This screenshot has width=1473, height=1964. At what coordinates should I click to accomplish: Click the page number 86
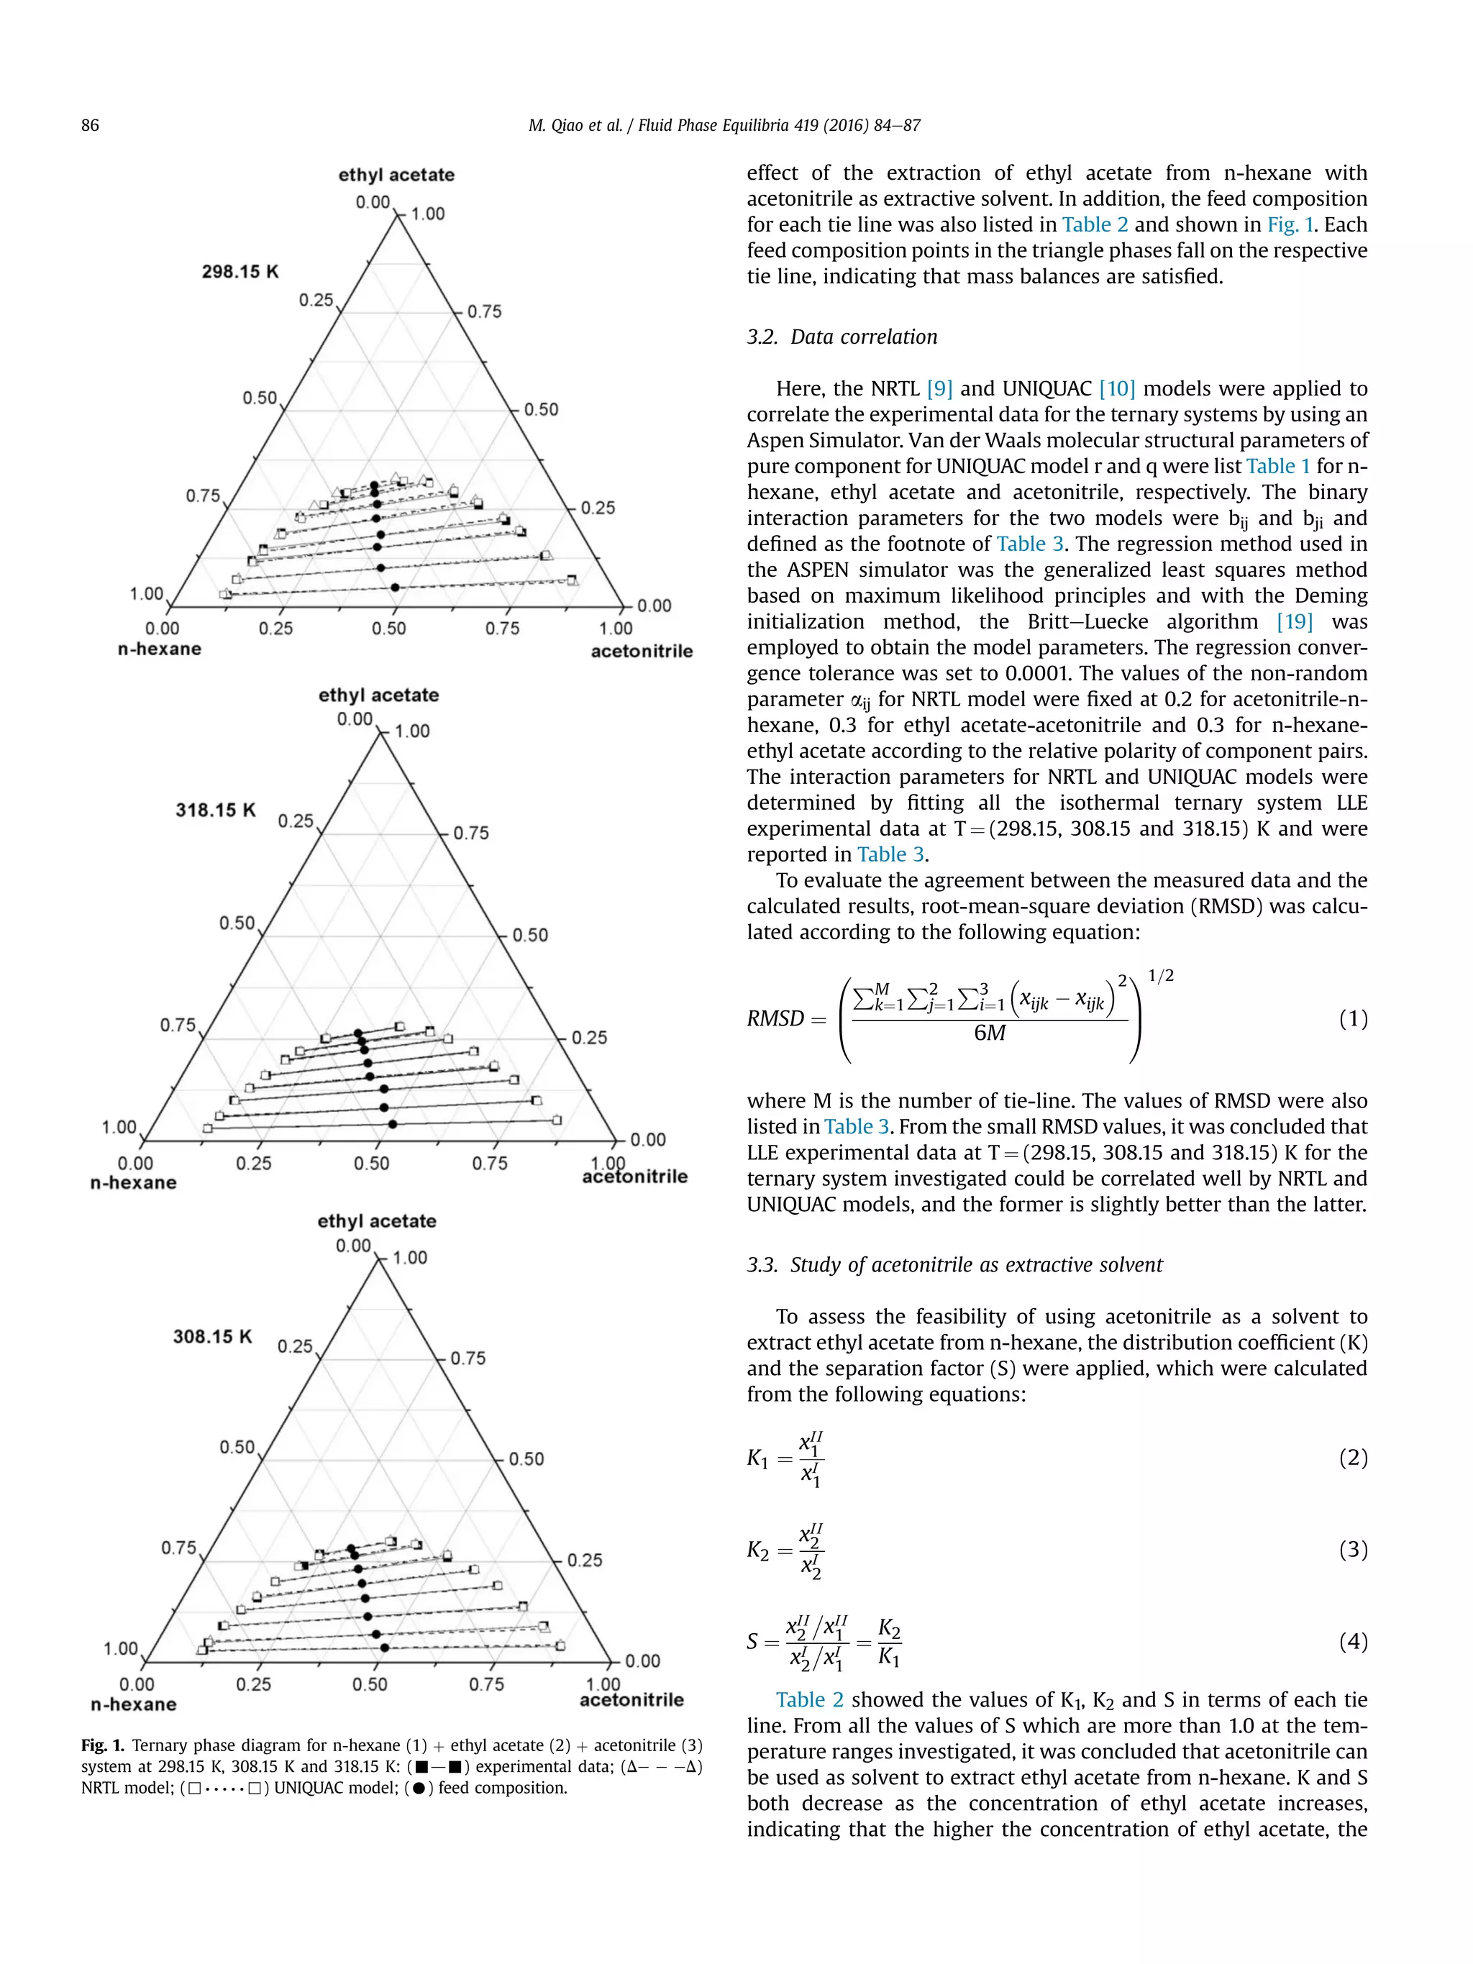pyautogui.click(x=90, y=125)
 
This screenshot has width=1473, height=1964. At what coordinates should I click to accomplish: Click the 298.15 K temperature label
pyautogui.click(x=240, y=272)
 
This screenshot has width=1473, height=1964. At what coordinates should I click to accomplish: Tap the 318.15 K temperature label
pyautogui.click(x=216, y=810)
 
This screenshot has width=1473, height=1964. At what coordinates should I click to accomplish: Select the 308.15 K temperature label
pyautogui.click(x=213, y=1336)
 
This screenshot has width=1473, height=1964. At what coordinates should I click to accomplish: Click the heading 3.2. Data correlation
pyautogui.click(x=841, y=337)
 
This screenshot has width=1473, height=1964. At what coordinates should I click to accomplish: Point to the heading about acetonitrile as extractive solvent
pyautogui.click(x=954, y=1265)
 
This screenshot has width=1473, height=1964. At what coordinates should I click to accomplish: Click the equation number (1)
pyautogui.click(x=1352, y=1018)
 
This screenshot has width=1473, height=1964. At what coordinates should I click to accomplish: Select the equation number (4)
pyautogui.click(x=1352, y=1642)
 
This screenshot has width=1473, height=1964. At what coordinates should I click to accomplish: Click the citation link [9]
pyautogui.click(x=939, y=389)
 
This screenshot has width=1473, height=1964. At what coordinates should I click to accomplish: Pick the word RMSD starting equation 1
pyautogui.click(x=775, y=1018)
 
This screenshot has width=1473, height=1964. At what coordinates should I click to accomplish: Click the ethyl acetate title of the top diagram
pyautogui.click(x=396, y=175)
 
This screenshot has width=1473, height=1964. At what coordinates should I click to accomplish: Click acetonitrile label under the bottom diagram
pyautogui.click(x=631, y=1699)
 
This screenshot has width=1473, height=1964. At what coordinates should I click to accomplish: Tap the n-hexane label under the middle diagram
pyautogui.click(x=133, y=1183)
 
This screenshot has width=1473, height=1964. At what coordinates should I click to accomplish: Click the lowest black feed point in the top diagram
pyautogui.click(x=395, y=587)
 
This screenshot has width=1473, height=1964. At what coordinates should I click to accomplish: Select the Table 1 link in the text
pyautogui.click(x=1277, y=466)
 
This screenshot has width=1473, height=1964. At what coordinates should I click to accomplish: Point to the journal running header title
pyautogui.click(x=724, y=125)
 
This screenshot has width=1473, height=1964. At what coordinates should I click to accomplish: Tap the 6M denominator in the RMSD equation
pyautogui.click(x=989, y=1033)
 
